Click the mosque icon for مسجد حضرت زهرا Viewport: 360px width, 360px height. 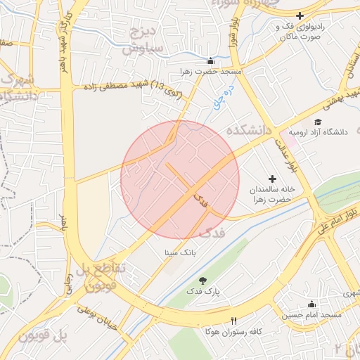(210, 60)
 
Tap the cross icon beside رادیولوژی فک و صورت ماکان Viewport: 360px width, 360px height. (300, 15)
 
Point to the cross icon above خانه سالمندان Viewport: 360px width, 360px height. (273, 179)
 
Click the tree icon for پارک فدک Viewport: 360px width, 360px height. (204, 281)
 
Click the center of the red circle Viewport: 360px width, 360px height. (180, 179)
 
